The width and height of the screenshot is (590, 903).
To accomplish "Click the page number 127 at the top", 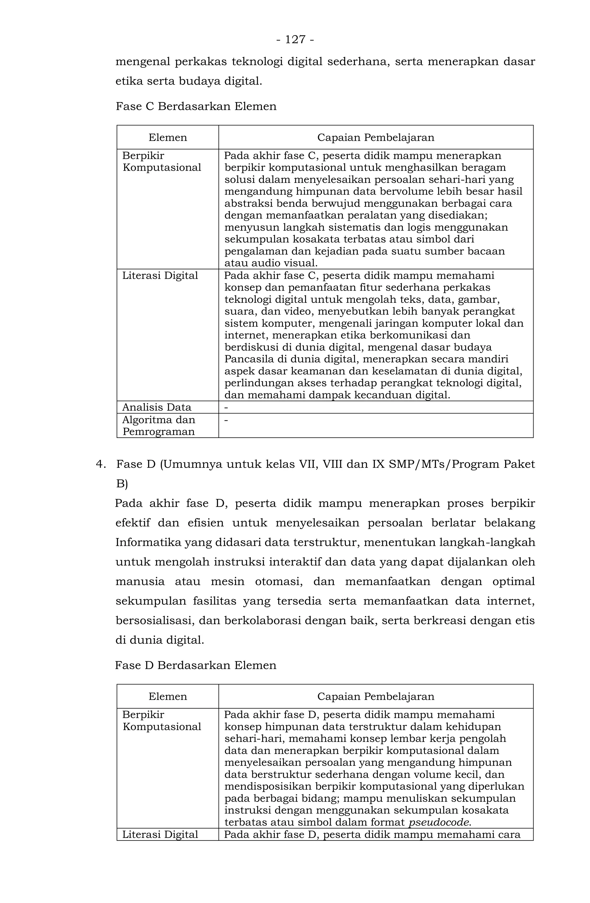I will pyautogui.click(x=295, y=39).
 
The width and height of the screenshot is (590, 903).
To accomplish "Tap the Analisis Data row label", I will pyautogui.click(x=157, y=407).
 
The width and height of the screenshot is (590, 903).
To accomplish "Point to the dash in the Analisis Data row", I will pyautogui.click(x=226, y=407).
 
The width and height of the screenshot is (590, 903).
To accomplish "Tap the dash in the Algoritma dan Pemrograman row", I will pyautogui.click(x=226, y=419).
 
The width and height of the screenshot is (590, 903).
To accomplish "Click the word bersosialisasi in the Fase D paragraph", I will pyautogui.click(x=155, y=620).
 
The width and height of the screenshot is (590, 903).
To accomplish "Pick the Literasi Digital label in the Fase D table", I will pyautogui.click(x=160, y=835).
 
